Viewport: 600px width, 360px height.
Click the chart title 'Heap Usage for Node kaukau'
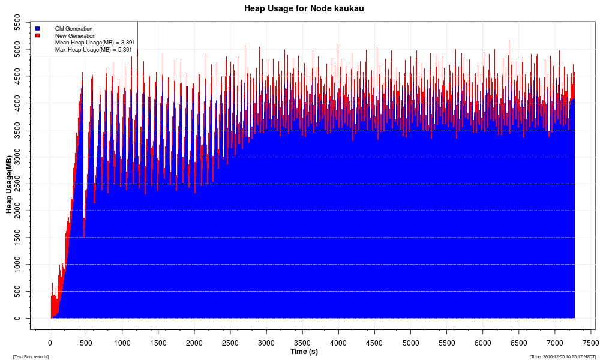(x=304, y=8)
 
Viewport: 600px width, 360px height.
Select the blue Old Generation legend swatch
(x=37, y=28)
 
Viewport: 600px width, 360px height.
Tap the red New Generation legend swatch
(x=37, y=35)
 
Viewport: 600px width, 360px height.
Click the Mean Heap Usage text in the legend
(x=95, y=43)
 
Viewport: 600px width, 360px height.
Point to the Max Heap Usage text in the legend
(x=94, y=50)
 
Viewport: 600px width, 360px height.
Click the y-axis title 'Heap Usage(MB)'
(x=9, y=184)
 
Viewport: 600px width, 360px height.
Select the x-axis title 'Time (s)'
(x=304, y=352)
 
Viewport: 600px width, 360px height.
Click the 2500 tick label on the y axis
(x=21, y=184)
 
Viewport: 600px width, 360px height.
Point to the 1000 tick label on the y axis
(x=21, y=265)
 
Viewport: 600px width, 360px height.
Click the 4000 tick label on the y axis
(x=21, y=103)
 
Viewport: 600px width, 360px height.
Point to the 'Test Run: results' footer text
(x=31, y=356)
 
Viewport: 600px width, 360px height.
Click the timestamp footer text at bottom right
(x=562, y=356)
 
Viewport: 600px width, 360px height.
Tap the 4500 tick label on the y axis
(x=21, y=76)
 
